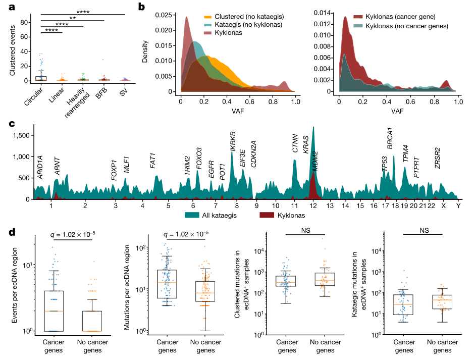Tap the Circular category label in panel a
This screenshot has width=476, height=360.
34,95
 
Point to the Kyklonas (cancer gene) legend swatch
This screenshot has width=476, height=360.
359,17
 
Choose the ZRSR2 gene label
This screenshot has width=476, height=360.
438,158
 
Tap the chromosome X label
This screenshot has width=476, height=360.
443,205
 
